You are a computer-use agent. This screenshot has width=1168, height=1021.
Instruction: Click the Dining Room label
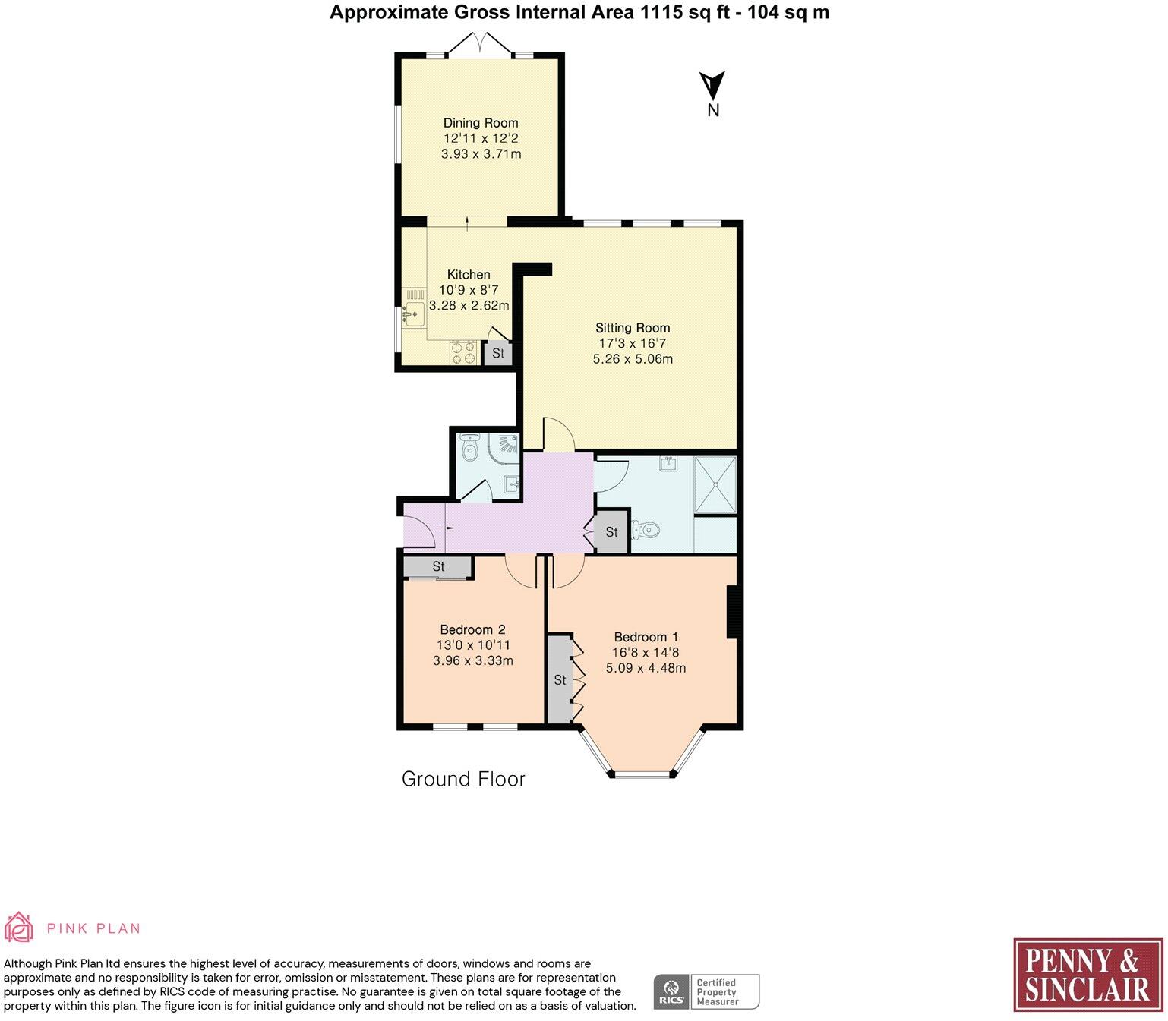pyautogui.click(x=481, y=123)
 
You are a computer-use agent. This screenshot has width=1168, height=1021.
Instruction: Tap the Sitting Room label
pyautogui.click(x=633, y=328)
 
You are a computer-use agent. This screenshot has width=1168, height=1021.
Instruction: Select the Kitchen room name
pyautogui.click(x=468, y=275)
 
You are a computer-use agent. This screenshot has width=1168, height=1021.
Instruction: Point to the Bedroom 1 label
pyautogui.click(x=646, y=637)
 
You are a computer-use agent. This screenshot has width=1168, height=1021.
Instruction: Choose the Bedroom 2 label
pyautogui.click(x=472, y=629)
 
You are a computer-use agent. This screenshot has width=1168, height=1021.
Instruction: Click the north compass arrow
pyautogui.click(x=712, y=86)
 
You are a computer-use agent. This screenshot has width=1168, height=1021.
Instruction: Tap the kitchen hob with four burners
pyautogui.click(x=463, y=352)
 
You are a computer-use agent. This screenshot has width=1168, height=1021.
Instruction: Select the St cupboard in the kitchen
pyautogui.click(x=497, y=353)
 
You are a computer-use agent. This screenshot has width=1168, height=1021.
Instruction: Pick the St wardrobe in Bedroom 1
pyautogui.click(x=560, y=679)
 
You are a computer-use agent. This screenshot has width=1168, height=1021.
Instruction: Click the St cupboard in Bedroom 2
pyautogui.click(x=438, y=567)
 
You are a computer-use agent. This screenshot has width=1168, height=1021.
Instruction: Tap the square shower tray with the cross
pyautogui.click(x=715, y=485)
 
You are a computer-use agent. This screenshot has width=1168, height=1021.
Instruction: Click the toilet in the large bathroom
pyautogui.click(x=646, y=530)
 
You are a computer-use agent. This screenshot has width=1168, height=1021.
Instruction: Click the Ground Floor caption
pyautogui.click(x=463, y=778)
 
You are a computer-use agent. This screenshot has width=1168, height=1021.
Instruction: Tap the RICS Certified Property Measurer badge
pyautogui.click(x=706, y=991)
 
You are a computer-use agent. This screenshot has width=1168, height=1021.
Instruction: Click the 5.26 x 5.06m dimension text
pyautogui.click(x=633, y=359)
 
